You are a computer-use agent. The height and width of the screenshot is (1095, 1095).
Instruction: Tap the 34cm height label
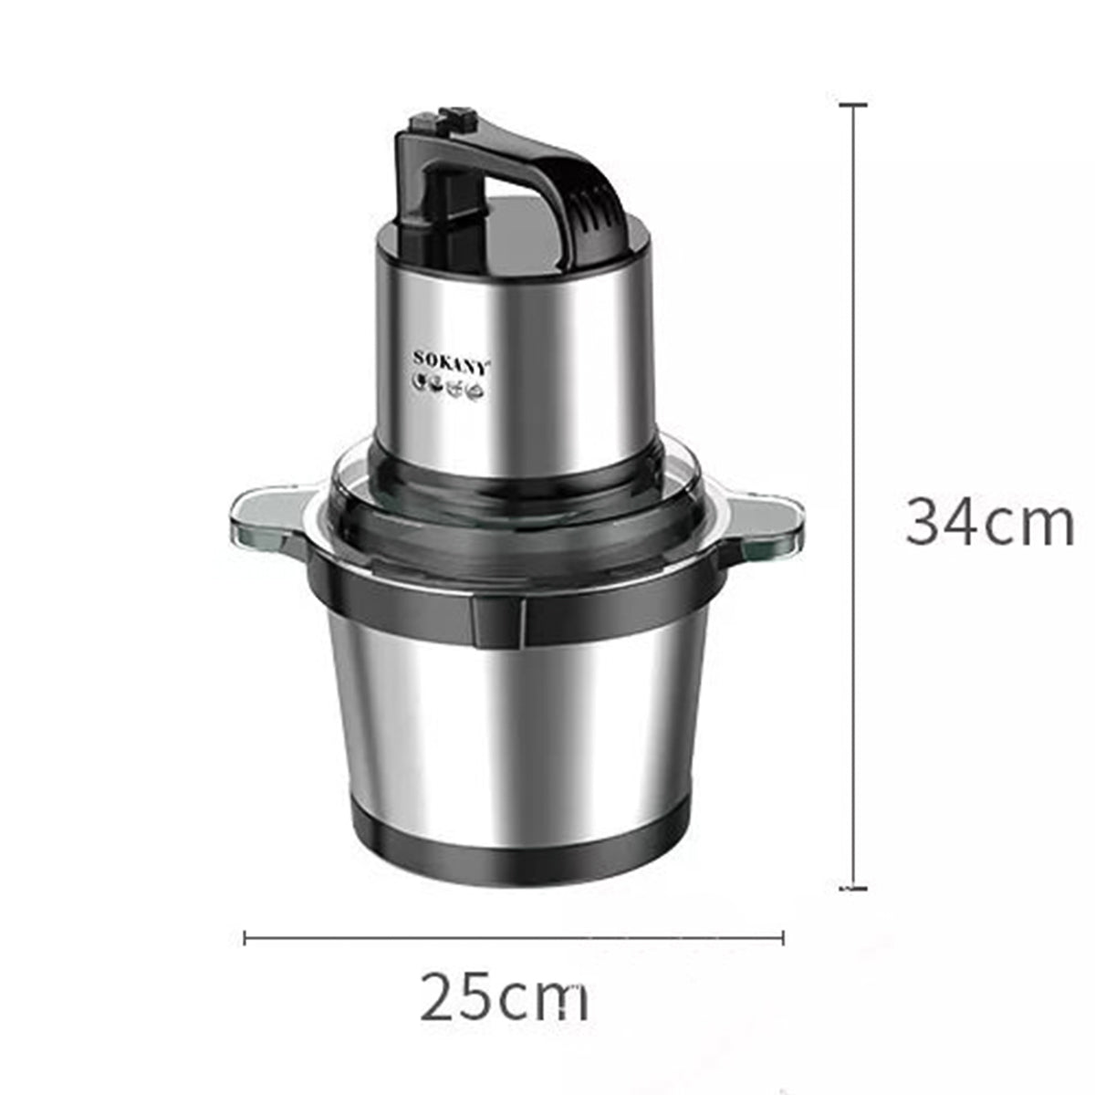989,523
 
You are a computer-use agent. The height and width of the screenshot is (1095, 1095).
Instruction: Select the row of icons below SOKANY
450,390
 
